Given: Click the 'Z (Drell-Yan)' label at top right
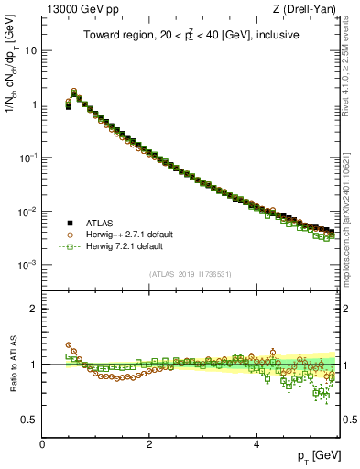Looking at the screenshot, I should point(307,10).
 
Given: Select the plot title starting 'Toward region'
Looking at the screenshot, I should point(191,37).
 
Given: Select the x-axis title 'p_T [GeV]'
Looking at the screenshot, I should point(312,455).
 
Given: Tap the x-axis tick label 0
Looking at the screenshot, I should point(42,443).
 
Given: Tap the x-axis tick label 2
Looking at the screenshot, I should point(149,443).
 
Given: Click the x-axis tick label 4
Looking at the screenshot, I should point(256,443).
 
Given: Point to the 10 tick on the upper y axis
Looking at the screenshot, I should point(29,50).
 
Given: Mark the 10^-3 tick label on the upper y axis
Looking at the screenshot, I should point(27,265).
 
